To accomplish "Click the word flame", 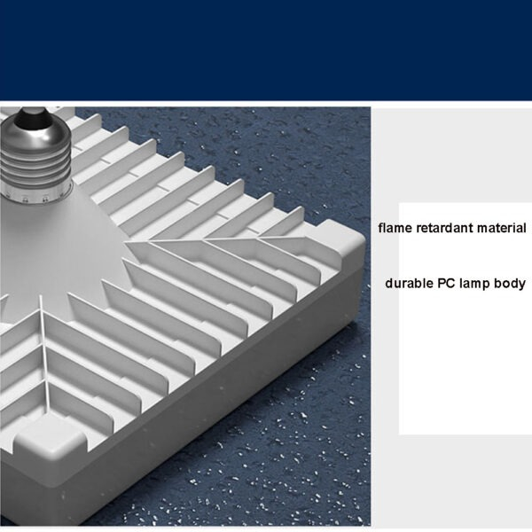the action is click(395, 228).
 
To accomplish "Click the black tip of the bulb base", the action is click(34, 117).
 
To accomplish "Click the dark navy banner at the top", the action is click(266, 50).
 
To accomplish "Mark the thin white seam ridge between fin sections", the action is click(44, 353).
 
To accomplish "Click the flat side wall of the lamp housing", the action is click(217, 397).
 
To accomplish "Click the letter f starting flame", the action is click(380, 228).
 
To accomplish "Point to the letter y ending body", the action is click(522, 286).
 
